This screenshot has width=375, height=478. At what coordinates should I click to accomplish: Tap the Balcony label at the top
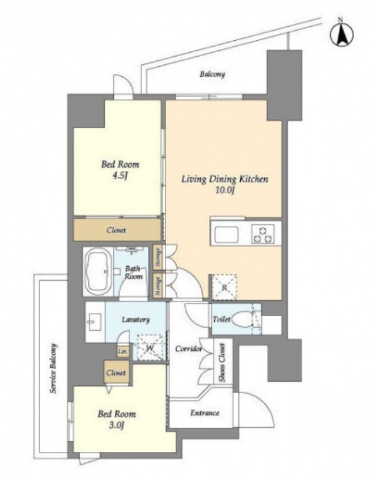click(212, 74)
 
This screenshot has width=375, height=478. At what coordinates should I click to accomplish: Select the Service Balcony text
click(54, 368)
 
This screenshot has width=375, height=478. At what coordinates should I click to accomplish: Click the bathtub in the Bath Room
click(98, 271)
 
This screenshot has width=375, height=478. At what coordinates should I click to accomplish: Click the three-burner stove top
click(263, 234)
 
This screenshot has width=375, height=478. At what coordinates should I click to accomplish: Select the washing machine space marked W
click(150, 347)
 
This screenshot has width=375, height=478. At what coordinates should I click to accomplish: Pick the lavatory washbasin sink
click(95, 322)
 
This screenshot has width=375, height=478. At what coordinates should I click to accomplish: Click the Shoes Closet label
click(222, 363)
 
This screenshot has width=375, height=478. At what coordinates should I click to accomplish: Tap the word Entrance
click(205, 412)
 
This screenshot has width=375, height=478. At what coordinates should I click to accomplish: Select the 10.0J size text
click(225, 191)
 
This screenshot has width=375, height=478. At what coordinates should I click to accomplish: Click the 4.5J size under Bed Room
click(119, 176)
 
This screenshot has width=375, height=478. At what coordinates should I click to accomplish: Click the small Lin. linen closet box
click(123, 352)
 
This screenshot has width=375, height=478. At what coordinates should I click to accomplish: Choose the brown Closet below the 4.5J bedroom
click(117, 230)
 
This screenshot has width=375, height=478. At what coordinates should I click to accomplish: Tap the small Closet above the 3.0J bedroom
click(117, 372)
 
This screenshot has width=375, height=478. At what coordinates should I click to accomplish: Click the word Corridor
click(189, 349)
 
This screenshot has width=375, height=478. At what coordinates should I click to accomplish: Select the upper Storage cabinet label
click(158, 257)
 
